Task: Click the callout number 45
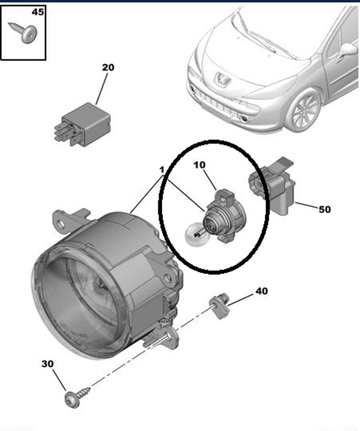tap(37, 11)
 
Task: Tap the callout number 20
tap(108, 68)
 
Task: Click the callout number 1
tap(162, 170)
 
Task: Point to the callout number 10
tap(199, 165)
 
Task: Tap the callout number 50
tap(324, 209)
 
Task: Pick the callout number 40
tap(261, 291)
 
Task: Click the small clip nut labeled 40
tap(219, 306)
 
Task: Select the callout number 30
tap(47, 364)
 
